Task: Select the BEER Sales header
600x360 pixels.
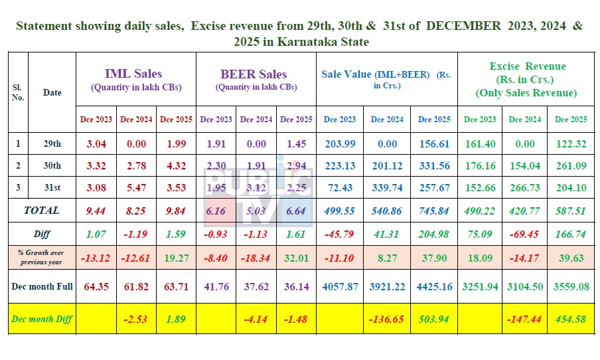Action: [256, 74]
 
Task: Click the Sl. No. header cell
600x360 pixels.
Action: [18, 92]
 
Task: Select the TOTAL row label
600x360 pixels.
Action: [42, 211]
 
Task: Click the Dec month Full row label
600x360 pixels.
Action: [42, 287]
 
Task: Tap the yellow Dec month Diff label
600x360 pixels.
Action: [42, 319]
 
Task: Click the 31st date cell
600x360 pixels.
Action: [52, 188]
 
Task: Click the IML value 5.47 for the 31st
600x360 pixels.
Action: [136, 188]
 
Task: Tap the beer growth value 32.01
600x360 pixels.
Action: [296, 257]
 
